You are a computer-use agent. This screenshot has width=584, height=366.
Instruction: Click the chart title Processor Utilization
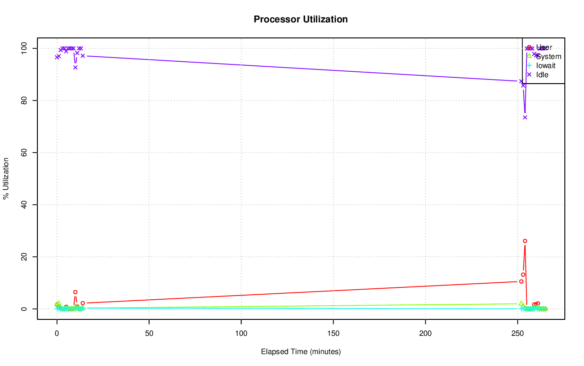point(301,19)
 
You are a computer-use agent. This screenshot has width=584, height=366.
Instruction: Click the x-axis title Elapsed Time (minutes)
point(301,352)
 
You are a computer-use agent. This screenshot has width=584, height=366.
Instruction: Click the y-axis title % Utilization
point(6,178)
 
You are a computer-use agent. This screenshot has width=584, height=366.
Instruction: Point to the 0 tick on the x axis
point(57,333)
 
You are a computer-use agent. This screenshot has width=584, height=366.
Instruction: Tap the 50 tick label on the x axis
point(149,333)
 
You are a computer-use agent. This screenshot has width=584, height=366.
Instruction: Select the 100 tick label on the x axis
point(241,333)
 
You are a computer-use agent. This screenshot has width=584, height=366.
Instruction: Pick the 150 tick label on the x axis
point(333,333)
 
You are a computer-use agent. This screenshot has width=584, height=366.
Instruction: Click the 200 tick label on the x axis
point(425,333)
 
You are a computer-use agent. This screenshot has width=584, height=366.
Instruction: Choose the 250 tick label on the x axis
point(517,333)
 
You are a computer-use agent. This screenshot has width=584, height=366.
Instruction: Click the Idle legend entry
point(542,74)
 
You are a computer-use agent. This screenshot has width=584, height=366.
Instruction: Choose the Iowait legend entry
point(546,65)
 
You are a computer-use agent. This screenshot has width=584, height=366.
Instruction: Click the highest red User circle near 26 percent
point(525,241)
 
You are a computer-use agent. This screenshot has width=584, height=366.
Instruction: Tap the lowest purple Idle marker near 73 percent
point(525,117)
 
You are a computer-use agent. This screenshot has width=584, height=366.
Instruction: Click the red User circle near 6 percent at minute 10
point(75,292)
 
